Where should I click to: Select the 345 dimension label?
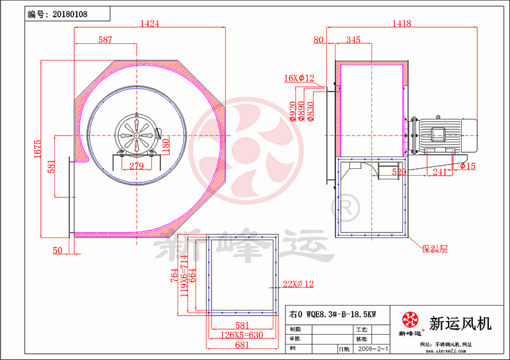[353, 40]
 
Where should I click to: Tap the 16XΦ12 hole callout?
[300, 79]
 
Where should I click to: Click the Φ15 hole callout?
[467, 166]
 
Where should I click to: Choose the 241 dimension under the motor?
[439, 173]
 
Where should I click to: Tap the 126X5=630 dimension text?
[240, 335]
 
